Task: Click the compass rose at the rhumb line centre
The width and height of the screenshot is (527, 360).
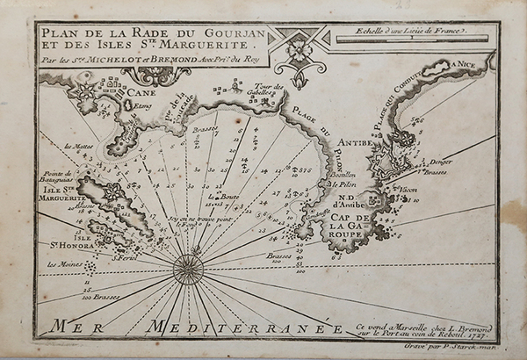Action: (191, 263)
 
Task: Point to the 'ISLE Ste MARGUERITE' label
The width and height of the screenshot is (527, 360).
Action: (58, 194)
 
